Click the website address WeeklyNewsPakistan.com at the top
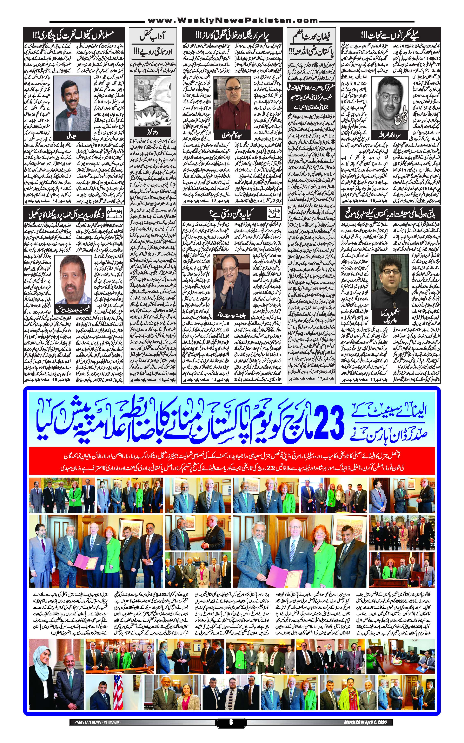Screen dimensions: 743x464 [x=232, y=21]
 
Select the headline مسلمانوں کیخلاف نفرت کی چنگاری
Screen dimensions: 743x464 [x=74, y=35]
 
